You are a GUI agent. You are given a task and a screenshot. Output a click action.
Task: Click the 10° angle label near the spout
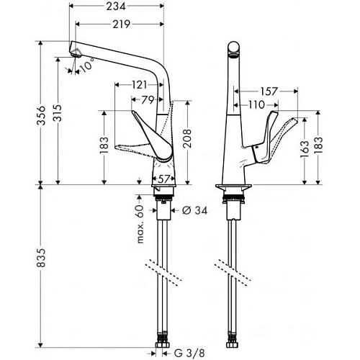coord(86,67)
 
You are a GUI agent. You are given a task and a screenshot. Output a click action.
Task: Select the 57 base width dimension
coord(163,177)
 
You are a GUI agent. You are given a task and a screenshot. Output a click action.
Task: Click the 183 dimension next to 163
coord(331,148)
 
